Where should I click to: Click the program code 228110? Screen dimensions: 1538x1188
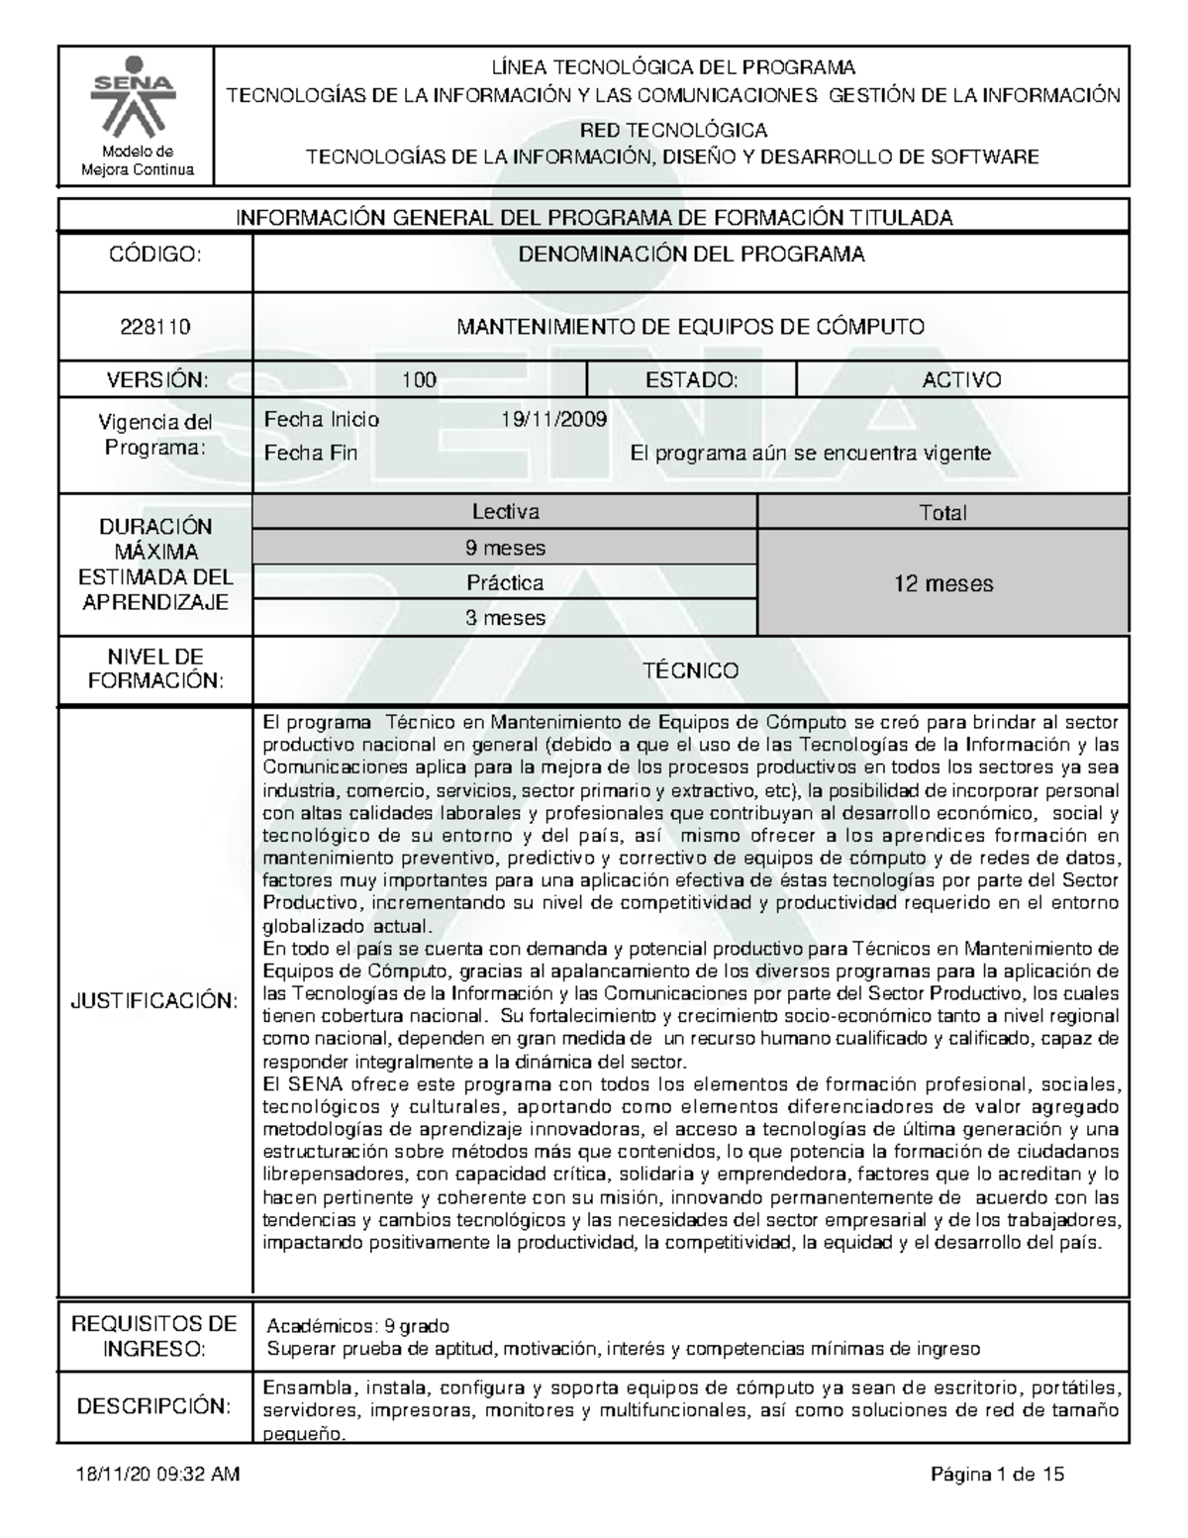point(155,327)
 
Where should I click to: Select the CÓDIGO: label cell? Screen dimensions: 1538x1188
point(155,256)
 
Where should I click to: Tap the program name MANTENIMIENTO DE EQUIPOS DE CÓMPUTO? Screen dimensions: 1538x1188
point(690,327)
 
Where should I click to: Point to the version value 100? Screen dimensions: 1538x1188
point(419,380)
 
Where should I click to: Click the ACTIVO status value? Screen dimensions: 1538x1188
point(961,380)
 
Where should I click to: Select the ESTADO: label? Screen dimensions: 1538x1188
point(691,380)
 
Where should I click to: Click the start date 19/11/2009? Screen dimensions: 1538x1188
point(554,419)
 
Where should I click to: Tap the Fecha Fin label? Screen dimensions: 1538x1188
point(310,454)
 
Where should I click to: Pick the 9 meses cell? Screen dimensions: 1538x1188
point(505,548)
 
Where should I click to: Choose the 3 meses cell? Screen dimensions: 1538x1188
point(505,618)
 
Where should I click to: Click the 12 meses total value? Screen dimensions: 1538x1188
point(942,583)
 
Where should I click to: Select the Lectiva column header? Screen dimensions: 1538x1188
point(505,512)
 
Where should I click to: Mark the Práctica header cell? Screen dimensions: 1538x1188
point(505,583)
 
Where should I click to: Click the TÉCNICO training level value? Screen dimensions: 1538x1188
point(690,670)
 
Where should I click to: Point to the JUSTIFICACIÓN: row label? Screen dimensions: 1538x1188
point(154,1000)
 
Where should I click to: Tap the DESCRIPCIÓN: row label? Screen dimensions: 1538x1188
point(154,1406)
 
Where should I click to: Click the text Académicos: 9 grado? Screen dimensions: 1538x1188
point(358,1326)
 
